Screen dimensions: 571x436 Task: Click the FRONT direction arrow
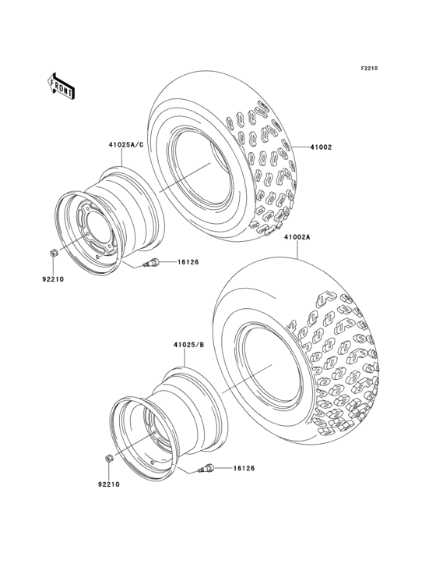62,85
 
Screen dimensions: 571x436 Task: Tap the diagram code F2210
368,69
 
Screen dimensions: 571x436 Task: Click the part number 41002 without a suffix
322,147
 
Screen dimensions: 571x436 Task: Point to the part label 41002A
297,237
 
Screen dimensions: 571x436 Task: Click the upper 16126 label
188,262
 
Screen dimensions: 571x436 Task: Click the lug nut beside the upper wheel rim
51,253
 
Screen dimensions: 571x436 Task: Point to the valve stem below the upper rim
153,264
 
